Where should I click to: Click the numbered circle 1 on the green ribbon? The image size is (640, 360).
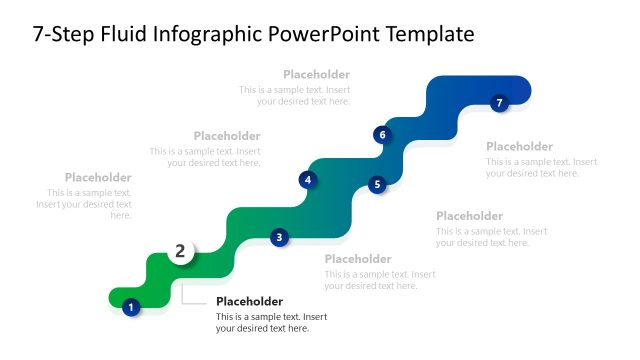[x=130, y=307]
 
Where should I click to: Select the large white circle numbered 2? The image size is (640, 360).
[x=180, y=251]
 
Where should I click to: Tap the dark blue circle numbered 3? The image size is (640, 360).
[x=279, y=237]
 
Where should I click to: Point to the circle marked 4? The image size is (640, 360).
[x=308, y=180]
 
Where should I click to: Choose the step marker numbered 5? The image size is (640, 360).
[x=377, y=184]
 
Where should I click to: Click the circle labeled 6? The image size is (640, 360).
[x=381, y=134]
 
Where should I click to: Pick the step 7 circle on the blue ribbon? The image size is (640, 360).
[x=500, y=102]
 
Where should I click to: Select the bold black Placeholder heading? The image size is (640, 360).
[x=249, y=301]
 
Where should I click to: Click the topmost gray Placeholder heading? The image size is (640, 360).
[x=316, y=74]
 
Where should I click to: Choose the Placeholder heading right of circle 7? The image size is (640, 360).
[x=519, y=146]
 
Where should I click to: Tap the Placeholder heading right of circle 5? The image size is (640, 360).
[x=469, y=216]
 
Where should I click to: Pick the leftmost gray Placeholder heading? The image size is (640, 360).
[x=98, y=177]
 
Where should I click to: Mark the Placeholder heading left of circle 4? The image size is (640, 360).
[x=227, y=136]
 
